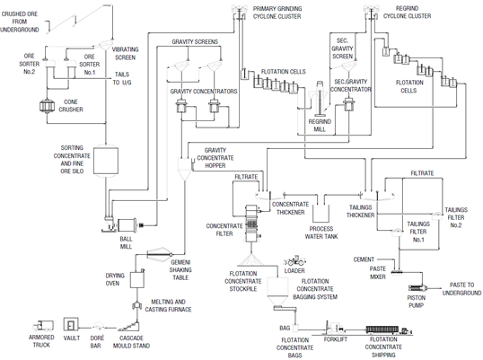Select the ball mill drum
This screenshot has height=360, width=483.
[x=127, y=226]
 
